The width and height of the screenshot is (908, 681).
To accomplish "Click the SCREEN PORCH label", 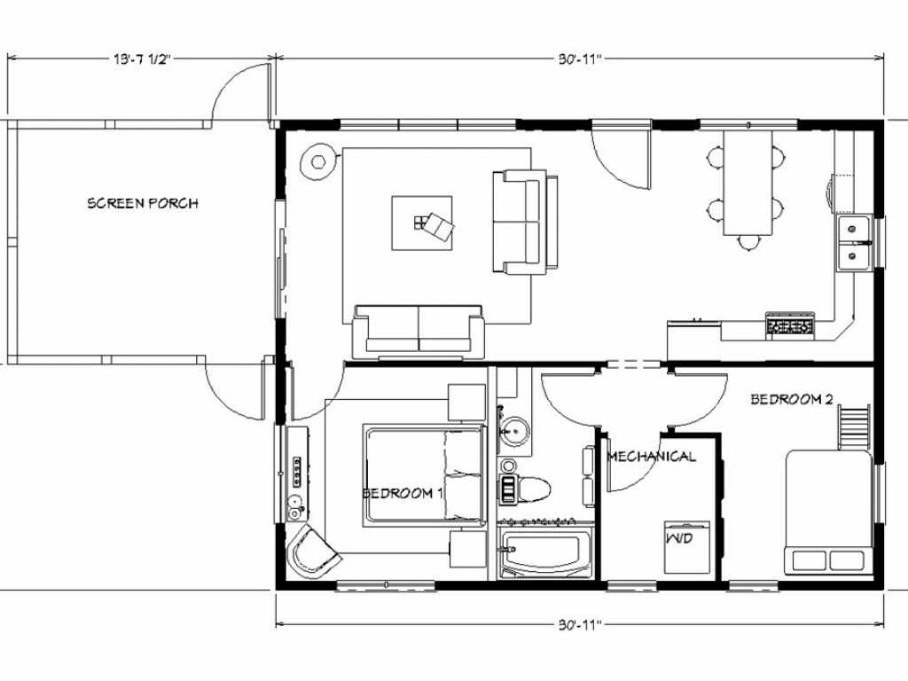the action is [143, 203].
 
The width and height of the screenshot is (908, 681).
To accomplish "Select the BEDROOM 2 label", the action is [792, 399].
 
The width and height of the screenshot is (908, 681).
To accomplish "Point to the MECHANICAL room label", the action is [652, 457].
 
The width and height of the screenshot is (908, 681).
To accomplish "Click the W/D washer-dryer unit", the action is [687, 547].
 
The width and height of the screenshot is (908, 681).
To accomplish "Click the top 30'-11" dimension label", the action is [581, 59].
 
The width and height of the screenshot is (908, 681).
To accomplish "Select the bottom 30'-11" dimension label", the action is [581, 625].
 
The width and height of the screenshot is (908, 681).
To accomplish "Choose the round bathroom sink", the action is [514, 431].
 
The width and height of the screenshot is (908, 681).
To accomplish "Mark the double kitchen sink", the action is [854, 243].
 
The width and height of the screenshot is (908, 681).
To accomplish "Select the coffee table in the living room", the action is [422, 223].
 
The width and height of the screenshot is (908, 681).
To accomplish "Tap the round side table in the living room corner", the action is [318, 161].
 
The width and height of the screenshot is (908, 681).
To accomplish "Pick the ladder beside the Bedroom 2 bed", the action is [854, 427].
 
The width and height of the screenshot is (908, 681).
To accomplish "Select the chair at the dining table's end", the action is [748, 241].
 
